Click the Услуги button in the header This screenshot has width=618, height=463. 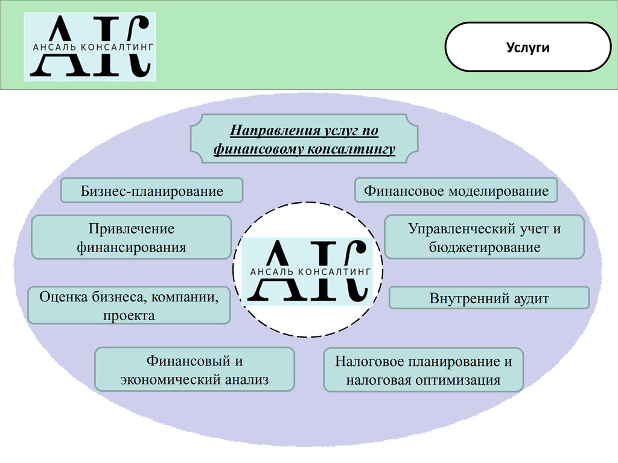tap(527, 47)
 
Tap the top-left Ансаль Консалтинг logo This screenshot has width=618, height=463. tap(90, 47)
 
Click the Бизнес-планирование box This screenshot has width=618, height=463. tap(151, 191)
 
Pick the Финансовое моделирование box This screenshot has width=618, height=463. tap(456, 191)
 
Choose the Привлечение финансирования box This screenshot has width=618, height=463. tap(131, 238)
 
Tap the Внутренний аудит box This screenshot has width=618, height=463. tap(489, 298)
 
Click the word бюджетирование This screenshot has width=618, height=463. tap(485, 247)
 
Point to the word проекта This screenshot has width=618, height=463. tap(129, 315)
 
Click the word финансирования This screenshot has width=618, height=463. tap(131, 247)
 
